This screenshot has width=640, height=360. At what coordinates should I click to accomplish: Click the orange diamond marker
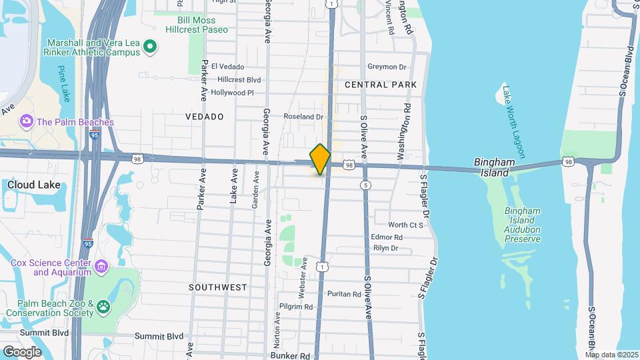320,159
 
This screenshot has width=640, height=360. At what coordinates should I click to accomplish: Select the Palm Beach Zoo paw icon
103,307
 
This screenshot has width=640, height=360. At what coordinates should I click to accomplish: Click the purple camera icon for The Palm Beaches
27,121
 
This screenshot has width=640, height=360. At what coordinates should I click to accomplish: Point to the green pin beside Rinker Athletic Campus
150,47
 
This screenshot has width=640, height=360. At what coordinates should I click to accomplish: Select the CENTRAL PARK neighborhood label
381,85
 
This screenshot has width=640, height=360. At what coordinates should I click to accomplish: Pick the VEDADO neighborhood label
204,117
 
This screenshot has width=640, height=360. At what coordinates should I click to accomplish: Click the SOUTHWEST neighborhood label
217,287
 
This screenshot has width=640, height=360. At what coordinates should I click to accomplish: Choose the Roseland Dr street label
303,117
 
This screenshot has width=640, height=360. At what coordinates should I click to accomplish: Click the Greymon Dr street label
387,67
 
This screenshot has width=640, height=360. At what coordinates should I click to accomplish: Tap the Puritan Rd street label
344,294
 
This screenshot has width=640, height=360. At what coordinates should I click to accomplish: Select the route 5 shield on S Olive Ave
365,185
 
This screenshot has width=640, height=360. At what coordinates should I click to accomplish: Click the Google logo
22,351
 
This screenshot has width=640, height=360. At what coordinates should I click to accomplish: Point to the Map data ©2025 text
611,355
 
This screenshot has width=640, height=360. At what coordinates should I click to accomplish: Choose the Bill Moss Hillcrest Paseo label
197,25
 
